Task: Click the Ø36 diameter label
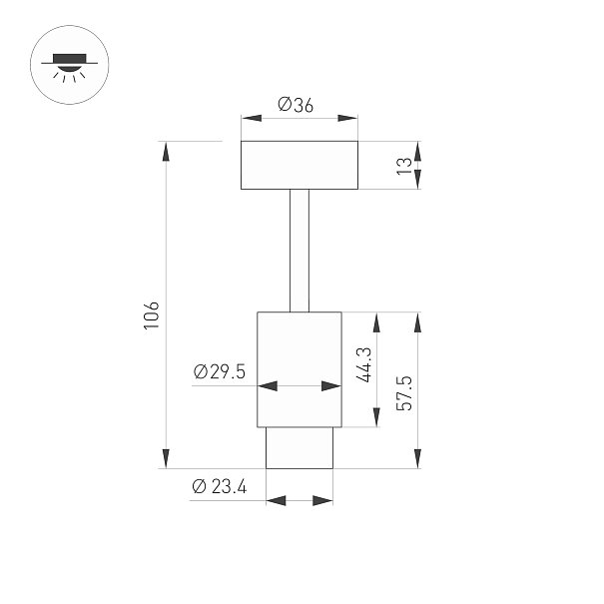(x=296, y=105)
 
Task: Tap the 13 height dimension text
(x=404, y=166)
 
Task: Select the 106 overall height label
(x=151, y=315)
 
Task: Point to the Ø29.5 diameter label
(x=220, y=371)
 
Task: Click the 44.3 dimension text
(x=364, y=364)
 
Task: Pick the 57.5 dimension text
(x=404, y=393)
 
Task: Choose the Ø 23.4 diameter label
(x=220, y=486)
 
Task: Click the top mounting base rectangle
(x=300, y=165)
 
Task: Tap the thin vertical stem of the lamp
(x=300, y=251)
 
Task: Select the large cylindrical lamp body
(x=300, y=369)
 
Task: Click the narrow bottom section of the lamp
(x=300, y=448)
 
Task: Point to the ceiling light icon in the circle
(x=69, y=65)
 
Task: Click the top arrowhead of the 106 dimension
(x=166, y=152)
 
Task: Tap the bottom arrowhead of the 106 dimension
(x=166, y=458)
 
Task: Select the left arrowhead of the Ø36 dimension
(x=252, y=118)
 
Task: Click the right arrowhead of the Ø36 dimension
(x=347, y=118)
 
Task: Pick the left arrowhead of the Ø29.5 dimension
(x=268, y=385)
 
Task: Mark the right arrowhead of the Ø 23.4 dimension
(x=322, y=501)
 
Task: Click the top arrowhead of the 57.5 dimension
(x=417, y=322)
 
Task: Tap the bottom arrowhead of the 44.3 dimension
(x=376, y=417)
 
